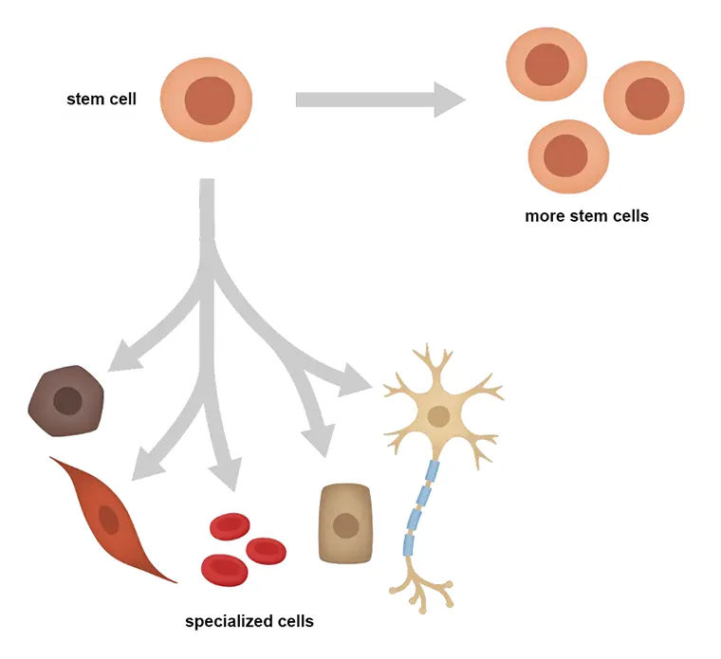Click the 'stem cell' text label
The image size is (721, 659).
[101, 99]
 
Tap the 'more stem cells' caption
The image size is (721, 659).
[586, 216]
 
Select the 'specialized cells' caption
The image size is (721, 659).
[249, 622]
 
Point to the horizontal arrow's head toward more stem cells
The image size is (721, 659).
[448, 100]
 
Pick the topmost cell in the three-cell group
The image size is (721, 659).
[545, 64]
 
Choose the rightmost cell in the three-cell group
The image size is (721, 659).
[645, 99]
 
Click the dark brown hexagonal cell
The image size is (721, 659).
[67, 400]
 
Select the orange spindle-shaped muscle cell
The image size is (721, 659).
[109, 518]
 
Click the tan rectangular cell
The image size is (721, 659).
[345, 523]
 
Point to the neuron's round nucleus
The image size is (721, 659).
[438, 415]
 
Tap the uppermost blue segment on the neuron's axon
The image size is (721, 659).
[432, 471]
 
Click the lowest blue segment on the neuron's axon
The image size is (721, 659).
[411, 544]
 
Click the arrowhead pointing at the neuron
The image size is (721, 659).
[359, 383]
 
